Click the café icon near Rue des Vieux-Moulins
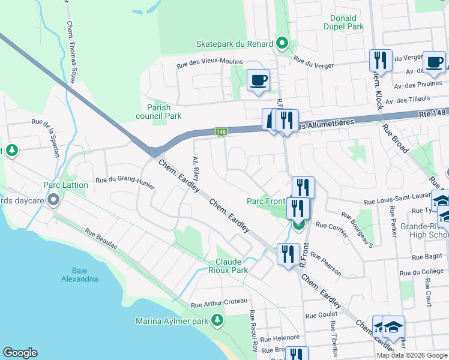[258, 80]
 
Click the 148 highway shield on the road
[220, 131]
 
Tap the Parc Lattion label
[65, 185]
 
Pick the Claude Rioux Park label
[232, 266]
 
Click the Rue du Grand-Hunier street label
[125, 181]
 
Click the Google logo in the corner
[20, 353]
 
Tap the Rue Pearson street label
[326, 264]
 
